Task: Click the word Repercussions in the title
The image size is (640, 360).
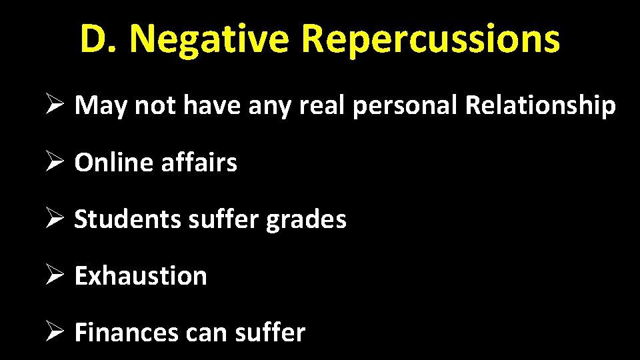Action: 430,40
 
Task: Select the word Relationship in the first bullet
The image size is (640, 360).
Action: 541,105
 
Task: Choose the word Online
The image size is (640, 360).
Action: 114,162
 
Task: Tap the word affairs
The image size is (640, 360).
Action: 199,162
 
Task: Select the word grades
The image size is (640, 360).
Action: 307,219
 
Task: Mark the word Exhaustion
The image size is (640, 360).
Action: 141,275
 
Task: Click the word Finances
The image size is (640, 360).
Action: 125,332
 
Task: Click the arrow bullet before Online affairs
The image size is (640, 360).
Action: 56,162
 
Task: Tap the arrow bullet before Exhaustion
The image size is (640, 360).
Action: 56,275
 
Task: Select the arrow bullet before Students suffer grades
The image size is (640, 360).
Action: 56,219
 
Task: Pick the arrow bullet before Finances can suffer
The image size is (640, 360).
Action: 56,332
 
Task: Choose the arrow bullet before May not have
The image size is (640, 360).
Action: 56,105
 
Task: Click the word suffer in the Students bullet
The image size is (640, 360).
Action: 223,219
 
